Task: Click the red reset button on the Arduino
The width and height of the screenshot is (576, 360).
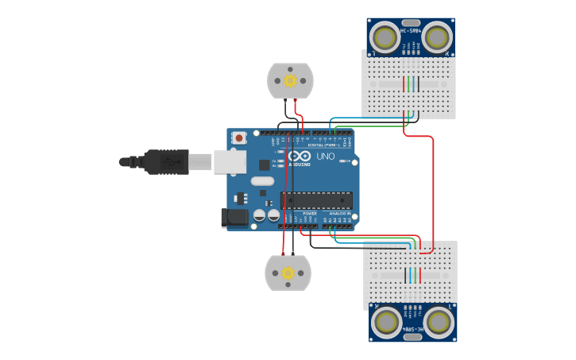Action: tap(239, 137)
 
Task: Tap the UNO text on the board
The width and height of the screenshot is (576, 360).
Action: tap(325, 157)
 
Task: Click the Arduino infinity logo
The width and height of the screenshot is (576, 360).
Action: tap(300, 157)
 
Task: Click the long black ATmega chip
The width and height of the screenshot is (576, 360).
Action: tap(316, 200)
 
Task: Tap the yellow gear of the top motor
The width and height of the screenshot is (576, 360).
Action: tap(290, 80)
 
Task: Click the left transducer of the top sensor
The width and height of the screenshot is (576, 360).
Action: tap(386, 37)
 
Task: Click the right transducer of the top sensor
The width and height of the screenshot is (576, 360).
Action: tap(436, 37)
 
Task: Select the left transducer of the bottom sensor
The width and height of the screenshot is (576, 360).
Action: tap(387, 322)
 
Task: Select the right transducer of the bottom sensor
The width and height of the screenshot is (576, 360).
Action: tap(439, 322)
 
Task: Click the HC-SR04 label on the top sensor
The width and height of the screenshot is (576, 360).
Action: tap(410, 31)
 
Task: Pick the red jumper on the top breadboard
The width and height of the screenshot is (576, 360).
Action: tap(404, 83)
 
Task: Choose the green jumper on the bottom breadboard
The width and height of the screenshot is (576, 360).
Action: tap(410, 275)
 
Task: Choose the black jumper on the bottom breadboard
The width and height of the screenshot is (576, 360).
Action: tap(419, 275)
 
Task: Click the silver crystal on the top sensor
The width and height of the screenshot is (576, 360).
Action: tap(411, 22)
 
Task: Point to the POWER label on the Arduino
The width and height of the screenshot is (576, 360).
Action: tap(310, 214)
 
